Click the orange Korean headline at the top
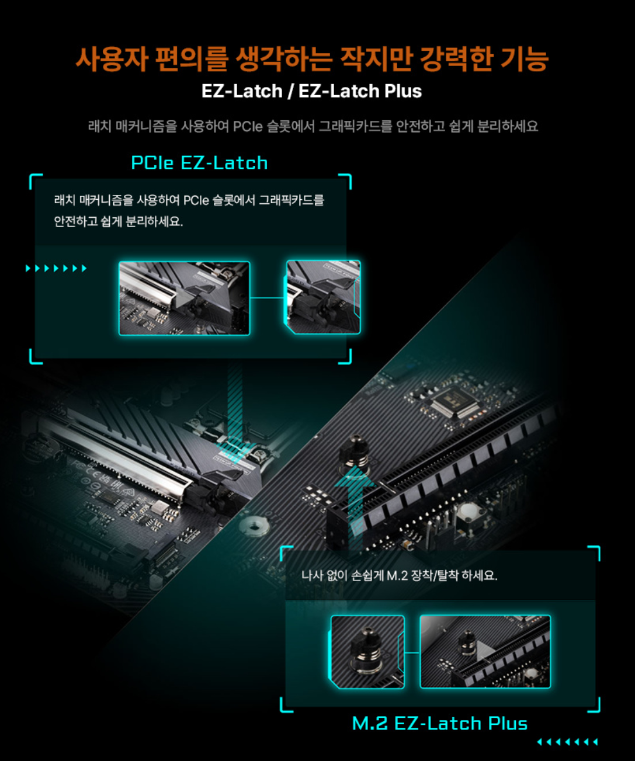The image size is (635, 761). click(x=312, y=58)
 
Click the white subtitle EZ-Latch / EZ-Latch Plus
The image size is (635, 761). click(x=312, y=91)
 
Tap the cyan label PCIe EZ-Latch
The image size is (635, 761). click(x=199, y=162)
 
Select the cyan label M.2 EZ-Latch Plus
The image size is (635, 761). click(x=440, y=724)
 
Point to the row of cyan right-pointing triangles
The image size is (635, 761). click(x=56, y=268)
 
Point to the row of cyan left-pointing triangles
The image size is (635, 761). click(x=568, y=742)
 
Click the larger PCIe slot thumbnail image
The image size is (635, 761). click(x=185, y=298)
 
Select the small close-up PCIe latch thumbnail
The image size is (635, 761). click(x=322, y=297)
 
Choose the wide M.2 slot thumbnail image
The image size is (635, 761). click(x=485, y=652)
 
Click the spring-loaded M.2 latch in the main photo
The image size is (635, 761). click(x=355, y=454)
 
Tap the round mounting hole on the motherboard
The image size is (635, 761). click(x=255, y=526)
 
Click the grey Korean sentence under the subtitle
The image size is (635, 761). click(x=313, y=127)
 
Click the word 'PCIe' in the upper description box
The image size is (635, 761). click(x=196, y=200)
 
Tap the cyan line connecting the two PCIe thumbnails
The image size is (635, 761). click(x=267, y=298)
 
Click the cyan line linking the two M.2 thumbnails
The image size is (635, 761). click(x=412, y=652)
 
